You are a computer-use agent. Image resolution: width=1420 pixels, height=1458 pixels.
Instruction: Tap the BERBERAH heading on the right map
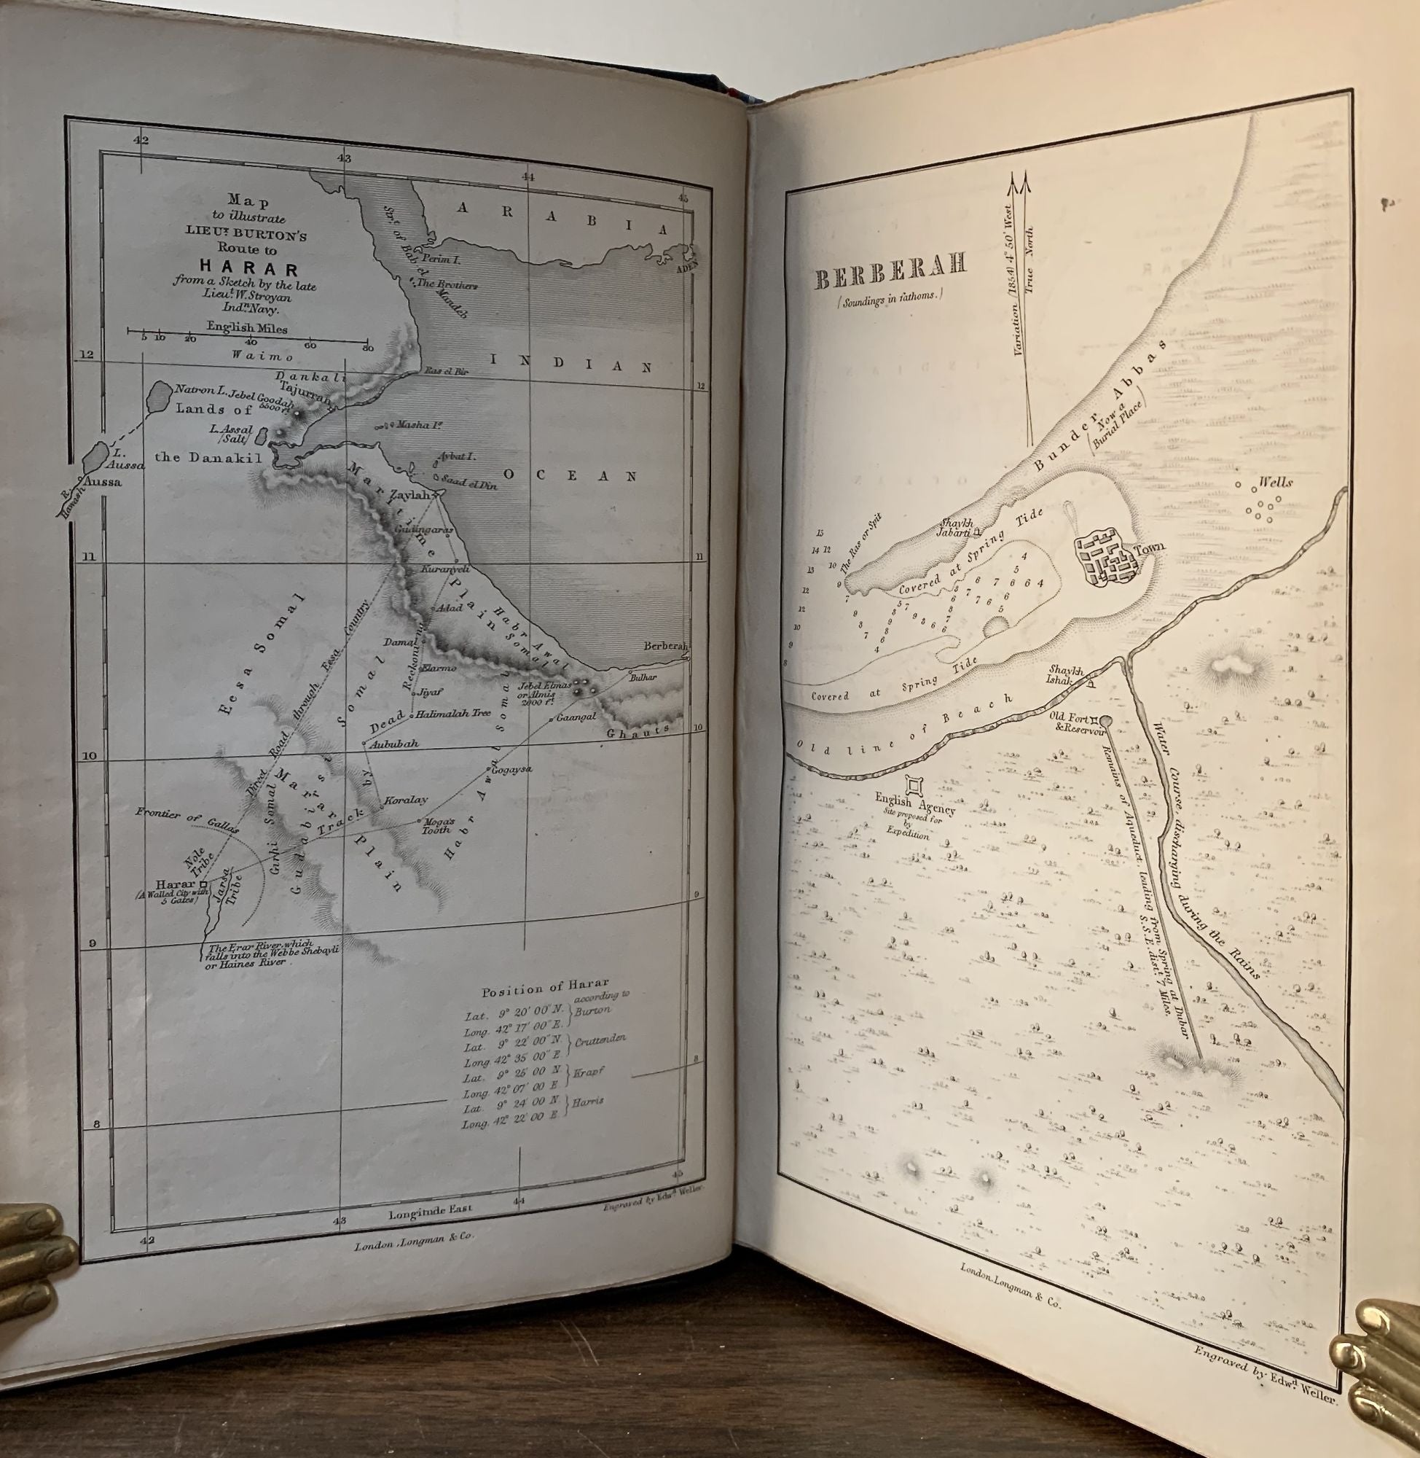[x=890, y=279]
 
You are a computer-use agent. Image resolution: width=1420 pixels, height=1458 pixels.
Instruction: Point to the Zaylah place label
[x=409, y=495]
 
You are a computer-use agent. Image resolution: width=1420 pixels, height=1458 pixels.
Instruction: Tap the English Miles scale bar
[x=247, y=340]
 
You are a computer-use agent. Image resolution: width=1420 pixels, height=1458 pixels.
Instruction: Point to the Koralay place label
[x=406, y=800]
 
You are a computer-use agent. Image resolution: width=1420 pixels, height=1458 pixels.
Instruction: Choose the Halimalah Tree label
[x=452, y=714]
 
